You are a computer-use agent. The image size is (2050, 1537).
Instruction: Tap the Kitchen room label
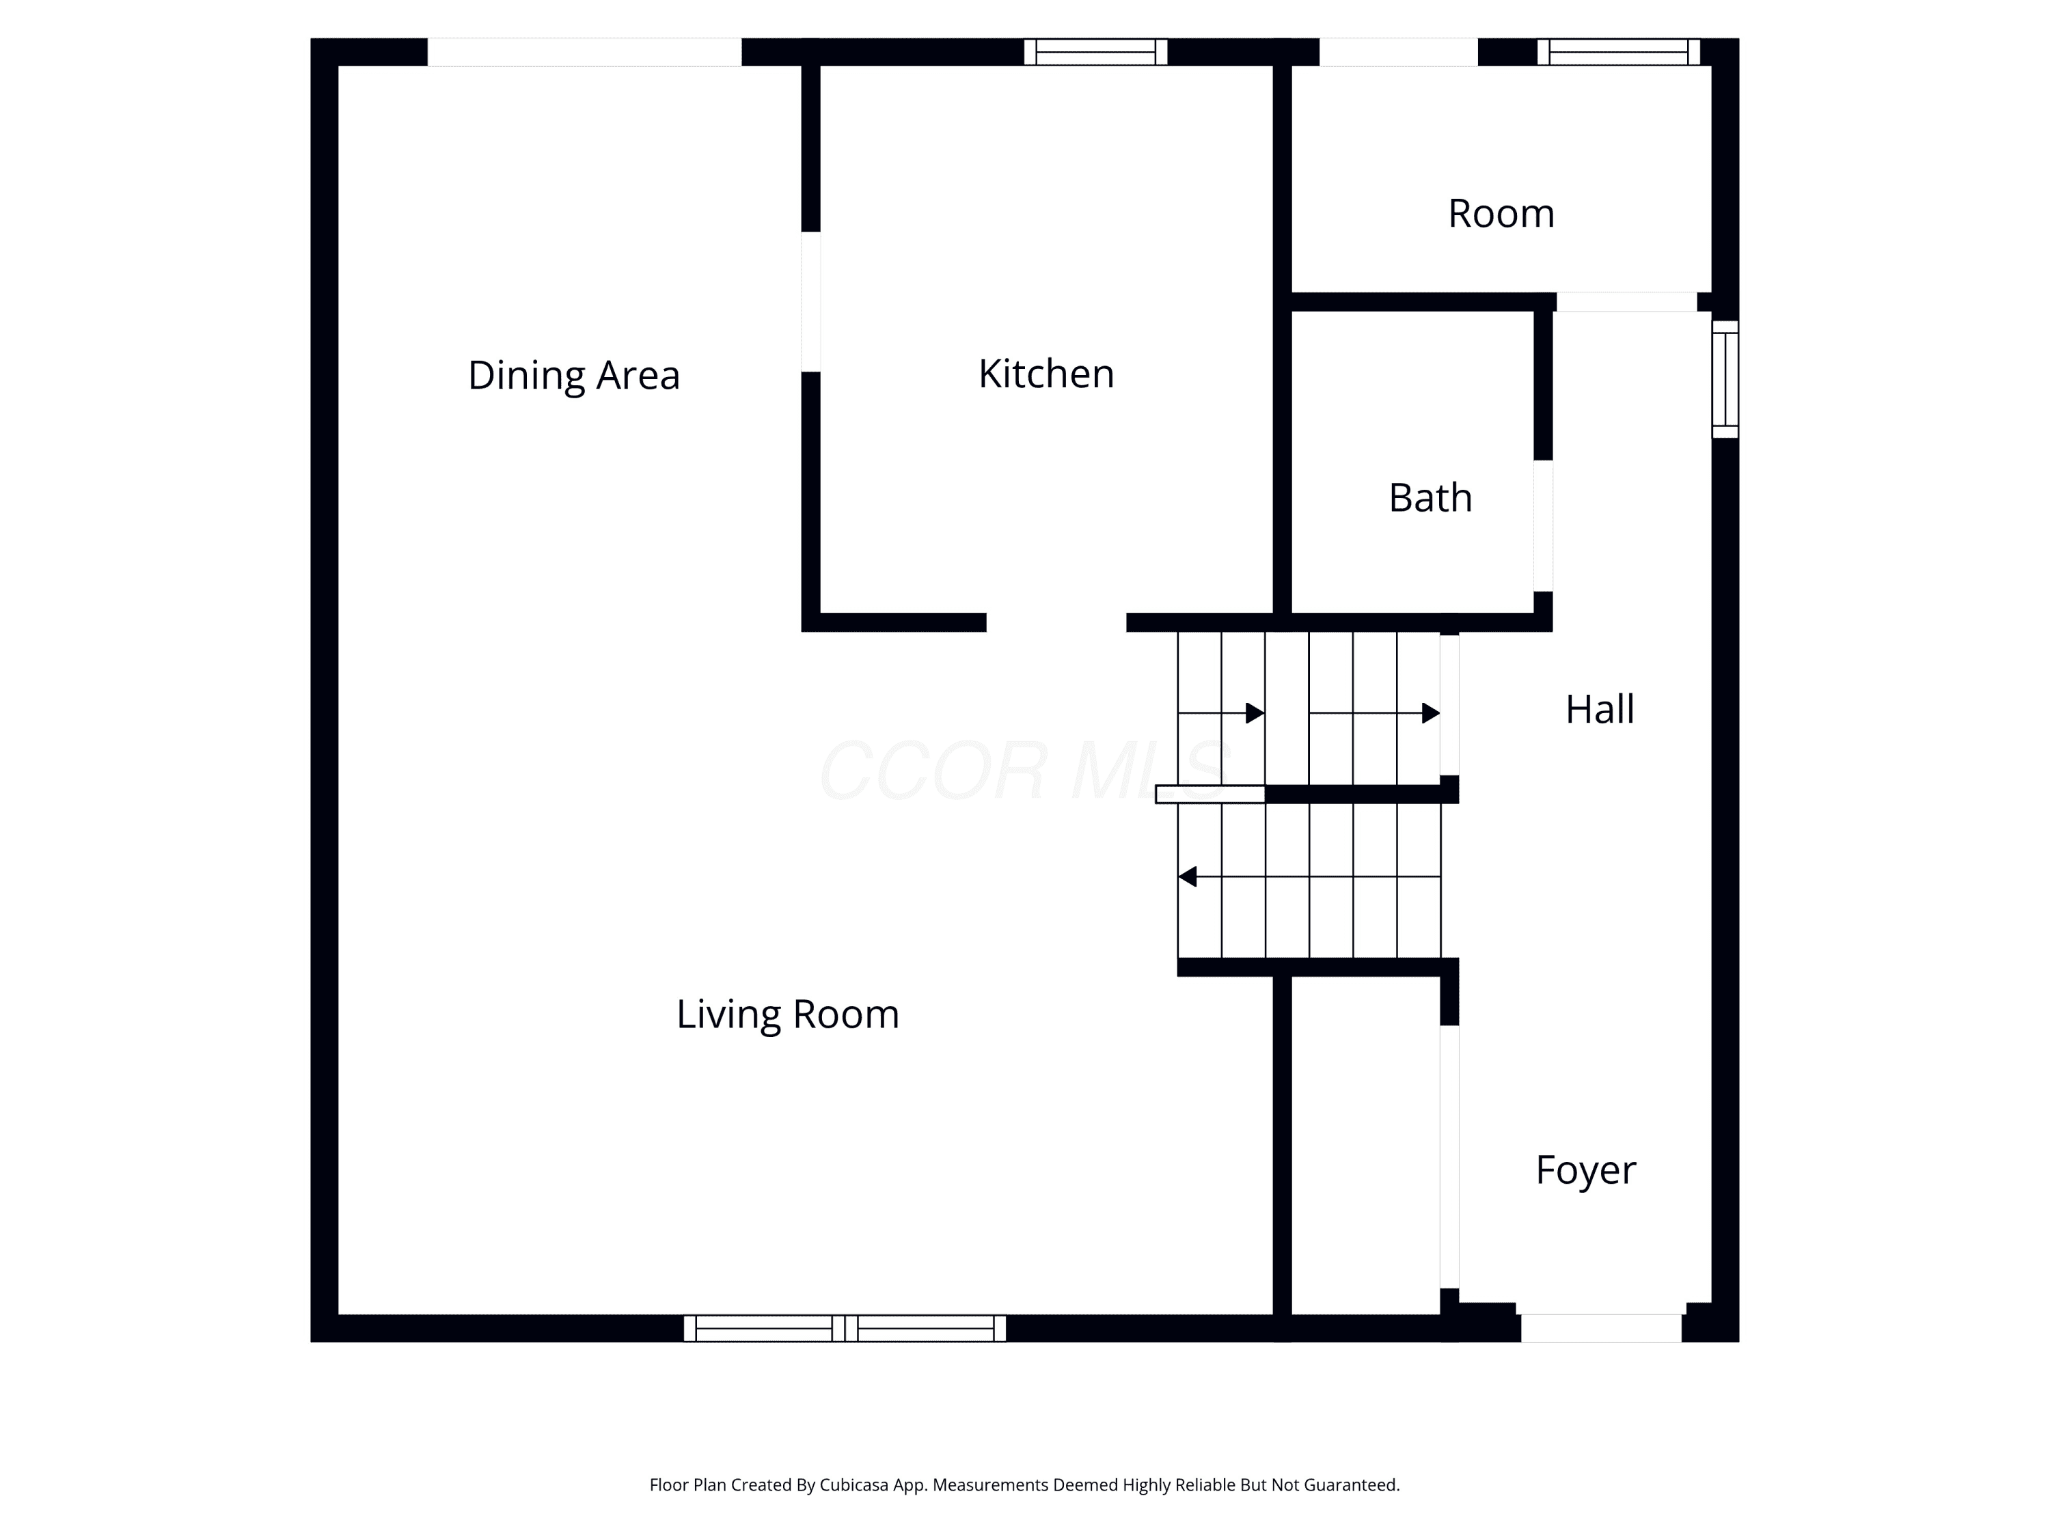point(1046,374)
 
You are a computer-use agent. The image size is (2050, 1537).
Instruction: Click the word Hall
point(1600,710)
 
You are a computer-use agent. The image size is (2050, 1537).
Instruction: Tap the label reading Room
point(1501,214)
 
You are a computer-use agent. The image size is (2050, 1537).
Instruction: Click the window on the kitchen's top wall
point(1095,52)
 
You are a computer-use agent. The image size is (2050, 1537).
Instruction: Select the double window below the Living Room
point(845,1327)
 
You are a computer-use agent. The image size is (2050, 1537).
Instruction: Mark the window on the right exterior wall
point(1725,379)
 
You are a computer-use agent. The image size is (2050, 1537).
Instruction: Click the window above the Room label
point(1618,52)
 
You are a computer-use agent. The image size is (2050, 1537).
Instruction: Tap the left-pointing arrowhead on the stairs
point(1187,876)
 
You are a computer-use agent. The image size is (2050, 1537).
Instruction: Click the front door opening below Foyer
point(1602,1327)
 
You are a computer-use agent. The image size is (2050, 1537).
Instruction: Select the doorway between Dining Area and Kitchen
point(811,302)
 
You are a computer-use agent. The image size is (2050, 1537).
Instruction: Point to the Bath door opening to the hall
point(1543,525)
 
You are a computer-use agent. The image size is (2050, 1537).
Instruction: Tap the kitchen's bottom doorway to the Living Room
point(1056,622)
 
